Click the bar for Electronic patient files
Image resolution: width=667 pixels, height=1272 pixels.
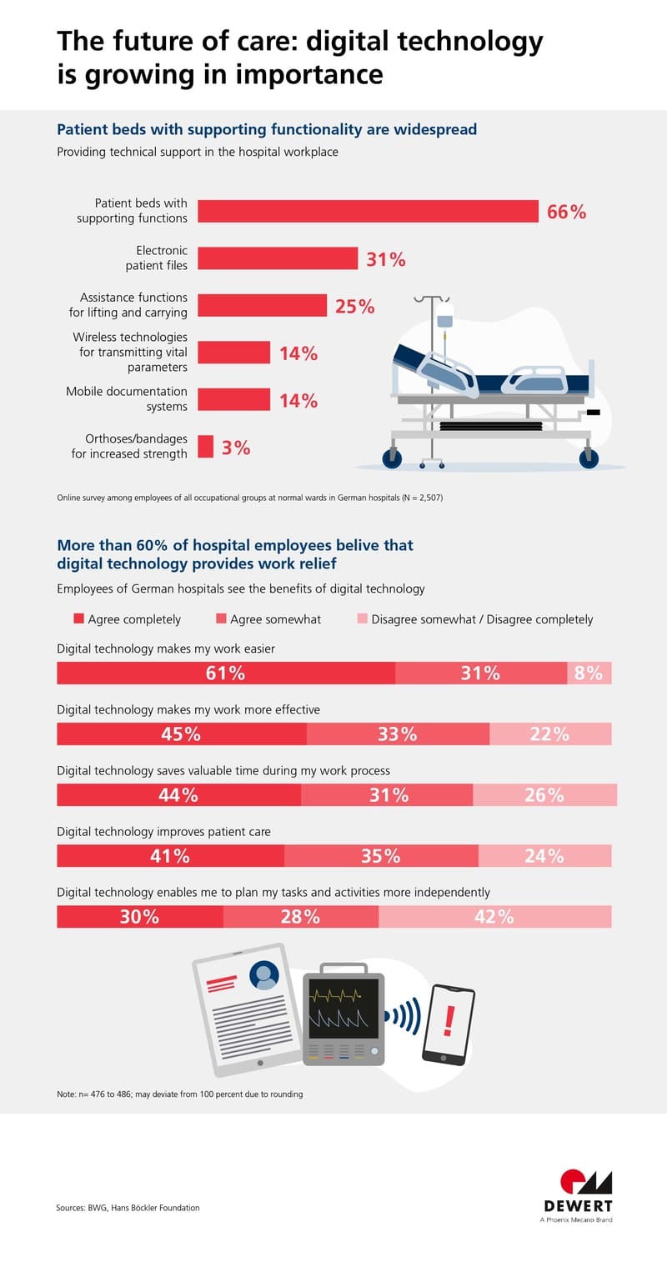pyautogui.click(x=278, y=258)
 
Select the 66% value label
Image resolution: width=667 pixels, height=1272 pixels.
pyautogui.click(x=566, y=212)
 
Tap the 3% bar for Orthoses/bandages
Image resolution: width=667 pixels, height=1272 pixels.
pyautogui.click(x=205, y=447)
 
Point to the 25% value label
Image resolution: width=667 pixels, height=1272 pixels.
pyautogui.click(x=354, y=306)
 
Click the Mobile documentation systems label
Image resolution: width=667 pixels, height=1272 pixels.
pyautogui.click(x=127, y=399)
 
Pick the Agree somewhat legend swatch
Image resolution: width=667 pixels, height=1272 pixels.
pyautogui.click(x=220, y=618)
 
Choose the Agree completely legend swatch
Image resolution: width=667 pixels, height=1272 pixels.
pyautogui.click(x=78, y=618)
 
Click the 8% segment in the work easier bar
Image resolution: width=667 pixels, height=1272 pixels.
pyautogui.click(x=589, y=673)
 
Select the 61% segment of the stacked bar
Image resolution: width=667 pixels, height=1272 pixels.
pyautogui.click(x=225, y=673)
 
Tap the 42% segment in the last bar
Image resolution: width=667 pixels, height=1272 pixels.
pyautogui.click(x=494, y=917)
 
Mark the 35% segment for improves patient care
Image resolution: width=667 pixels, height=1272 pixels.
pyautogui.click(x=381, y=855)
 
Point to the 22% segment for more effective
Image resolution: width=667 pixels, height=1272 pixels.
pyautogui.click(x=549, y=734)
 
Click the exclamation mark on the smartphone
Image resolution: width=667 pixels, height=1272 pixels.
pyautogui.click(x=449, y=1019)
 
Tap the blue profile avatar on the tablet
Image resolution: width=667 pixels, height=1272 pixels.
pyautogui.click(x=264, y=973)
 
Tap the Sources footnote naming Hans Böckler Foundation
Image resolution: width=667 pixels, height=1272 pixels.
pyautogui.click(x=128, y=1207)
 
